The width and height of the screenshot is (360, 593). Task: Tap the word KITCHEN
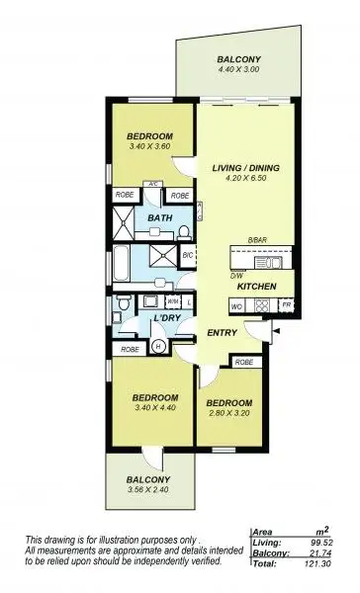click(254, 287)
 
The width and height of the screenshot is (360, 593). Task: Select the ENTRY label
click(223, 332)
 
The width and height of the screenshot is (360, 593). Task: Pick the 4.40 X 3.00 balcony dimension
click(237, 70)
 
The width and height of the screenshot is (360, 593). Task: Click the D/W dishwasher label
click(235, 276)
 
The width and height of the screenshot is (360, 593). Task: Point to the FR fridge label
click(285, 306)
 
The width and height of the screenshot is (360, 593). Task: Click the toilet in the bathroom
click(184, 232)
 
